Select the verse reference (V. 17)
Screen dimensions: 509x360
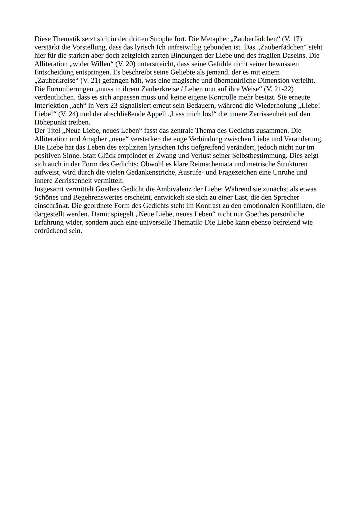coord(292,39)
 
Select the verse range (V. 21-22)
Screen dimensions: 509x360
coord(278,89)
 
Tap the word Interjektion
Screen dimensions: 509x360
coord(51,106)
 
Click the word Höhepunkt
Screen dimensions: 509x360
coord(50,122)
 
